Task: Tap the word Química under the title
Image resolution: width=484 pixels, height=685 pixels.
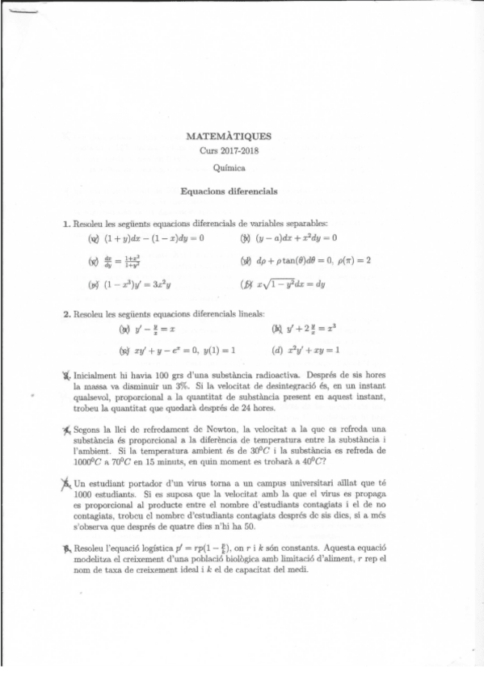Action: pyautogui.click(x=229, y=168)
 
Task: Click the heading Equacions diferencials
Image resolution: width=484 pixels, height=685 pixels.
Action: pyautogui.click(x=229, y=192)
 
